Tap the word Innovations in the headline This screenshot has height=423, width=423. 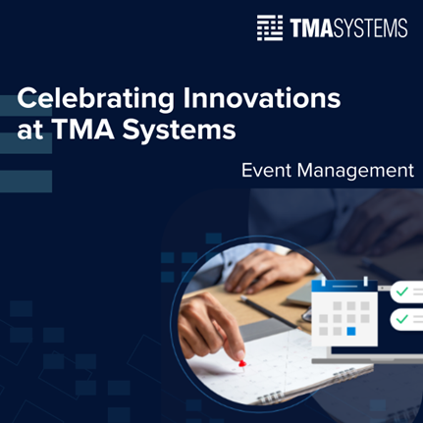tap(261, 100)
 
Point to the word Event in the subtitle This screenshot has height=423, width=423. tap(266, 171)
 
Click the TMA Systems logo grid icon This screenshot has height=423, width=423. tap(269, 27)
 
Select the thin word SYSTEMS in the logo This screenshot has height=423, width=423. tap(372, 27)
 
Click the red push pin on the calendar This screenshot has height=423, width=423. tap(241, 364)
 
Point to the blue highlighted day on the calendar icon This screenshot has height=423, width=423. tap(351, 331)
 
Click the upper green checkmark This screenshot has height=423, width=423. tap(402, 291)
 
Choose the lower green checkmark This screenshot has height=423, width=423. tap(402, 319)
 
